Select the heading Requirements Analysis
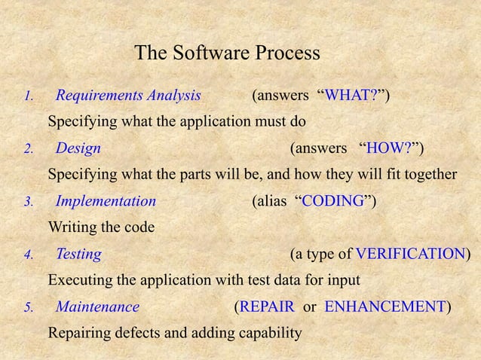click(128, 96)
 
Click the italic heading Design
click(78, 148)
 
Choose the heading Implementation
click(106, 201)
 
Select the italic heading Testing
click(78, 254)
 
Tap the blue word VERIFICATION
click(410, 254)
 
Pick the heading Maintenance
click(97, 307)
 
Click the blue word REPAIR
click(268, 307)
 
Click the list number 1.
click(27, 96)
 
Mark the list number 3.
click(27, 202)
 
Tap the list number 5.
click(27, 307)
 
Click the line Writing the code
click(101, 227)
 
